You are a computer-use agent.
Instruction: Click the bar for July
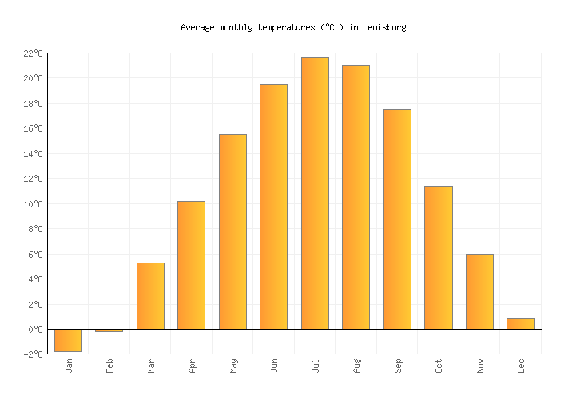315,193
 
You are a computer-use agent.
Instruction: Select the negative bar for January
68,340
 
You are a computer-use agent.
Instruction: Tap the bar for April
191,265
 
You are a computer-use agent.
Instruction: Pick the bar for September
397,219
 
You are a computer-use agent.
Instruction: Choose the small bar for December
520,324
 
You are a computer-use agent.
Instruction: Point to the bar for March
150,295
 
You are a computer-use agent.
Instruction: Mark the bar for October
438,257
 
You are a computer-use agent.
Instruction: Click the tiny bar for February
109,330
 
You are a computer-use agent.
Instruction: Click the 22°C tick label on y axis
33,53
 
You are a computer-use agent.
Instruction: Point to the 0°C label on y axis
35,330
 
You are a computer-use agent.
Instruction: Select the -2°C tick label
33,354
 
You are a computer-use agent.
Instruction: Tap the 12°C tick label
33,179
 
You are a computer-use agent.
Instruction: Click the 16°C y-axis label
33,128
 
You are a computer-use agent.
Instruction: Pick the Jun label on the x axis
275,365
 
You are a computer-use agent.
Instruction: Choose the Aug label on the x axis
357,365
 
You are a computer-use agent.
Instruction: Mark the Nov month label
480,365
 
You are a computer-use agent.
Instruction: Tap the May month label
233,365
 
